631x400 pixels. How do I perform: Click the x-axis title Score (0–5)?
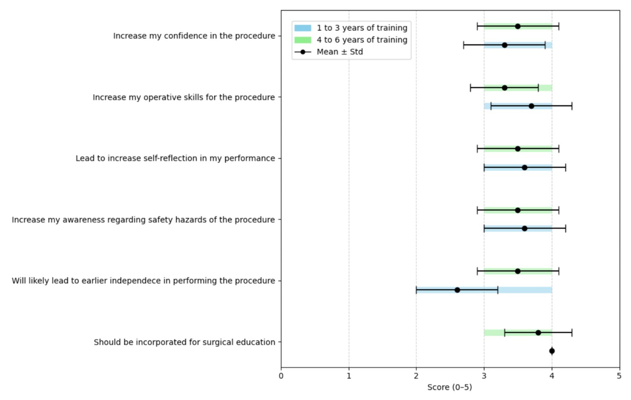coord(450,387)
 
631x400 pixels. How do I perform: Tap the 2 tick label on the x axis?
coord(416,376)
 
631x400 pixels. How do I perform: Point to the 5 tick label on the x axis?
coord(619,376)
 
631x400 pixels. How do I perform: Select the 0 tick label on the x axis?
coord(281,376)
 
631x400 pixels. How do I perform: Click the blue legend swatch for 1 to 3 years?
coord(302,28)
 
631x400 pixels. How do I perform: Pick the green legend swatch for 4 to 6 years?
coord(302,40)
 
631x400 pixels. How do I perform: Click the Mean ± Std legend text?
coord(340,52)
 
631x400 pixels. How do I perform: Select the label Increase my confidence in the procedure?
coord(194,36)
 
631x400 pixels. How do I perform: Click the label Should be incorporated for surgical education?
coord(184,342)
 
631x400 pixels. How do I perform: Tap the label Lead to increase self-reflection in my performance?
coord(175,158)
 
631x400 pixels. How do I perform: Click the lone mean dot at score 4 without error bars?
coord(552,351)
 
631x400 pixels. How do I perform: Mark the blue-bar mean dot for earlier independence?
coord(457,290)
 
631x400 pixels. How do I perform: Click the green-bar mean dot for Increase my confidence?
coord(517,26)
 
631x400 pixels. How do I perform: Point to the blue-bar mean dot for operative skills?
coord(531,106)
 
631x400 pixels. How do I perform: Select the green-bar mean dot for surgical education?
coord(538,333)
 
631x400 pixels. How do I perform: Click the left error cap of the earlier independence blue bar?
coord(416,290)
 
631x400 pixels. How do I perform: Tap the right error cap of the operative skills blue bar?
coord(572,106)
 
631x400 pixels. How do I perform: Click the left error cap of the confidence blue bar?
coord(463,45)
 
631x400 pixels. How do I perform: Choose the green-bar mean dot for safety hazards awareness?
coord(517,210)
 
